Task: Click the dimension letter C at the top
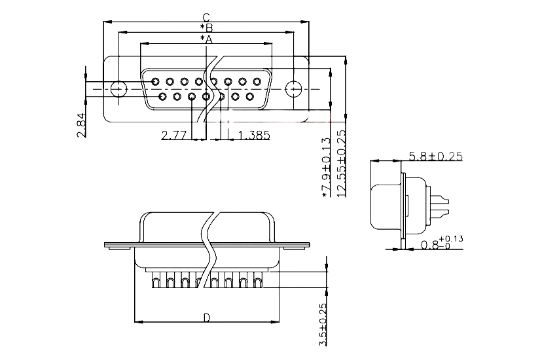206,18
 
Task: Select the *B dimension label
206,28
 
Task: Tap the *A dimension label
206,39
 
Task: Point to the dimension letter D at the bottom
206,318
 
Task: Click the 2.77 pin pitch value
174,135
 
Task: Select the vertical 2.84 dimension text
81,125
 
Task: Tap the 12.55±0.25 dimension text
340,164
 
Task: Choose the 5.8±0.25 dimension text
435,156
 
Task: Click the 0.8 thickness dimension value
430,246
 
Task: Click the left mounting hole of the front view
118,88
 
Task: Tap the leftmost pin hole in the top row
155,82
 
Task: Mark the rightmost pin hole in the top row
257,82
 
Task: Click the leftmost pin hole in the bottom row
162,97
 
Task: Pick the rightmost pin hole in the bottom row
250,97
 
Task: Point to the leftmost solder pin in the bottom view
155,282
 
